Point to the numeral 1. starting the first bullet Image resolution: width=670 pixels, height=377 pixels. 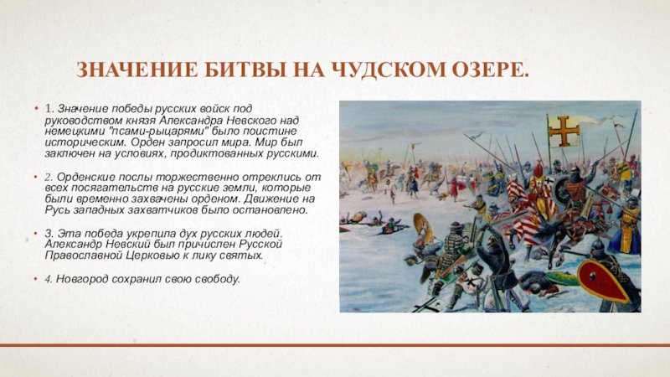[x=49, y=109]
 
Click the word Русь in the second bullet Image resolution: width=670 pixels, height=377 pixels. [x=57, y=210]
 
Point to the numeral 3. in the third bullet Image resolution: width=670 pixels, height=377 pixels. [x=49, y=234]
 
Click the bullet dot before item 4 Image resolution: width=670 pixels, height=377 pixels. [x=37, y=279]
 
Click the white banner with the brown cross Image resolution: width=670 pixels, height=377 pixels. [x=564, y=131]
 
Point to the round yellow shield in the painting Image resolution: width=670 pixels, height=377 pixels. [x=424, y=226]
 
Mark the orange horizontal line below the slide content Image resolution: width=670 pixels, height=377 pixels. [x=335, y=344]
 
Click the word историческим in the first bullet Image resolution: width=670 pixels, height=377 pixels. [x=85, y=142]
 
